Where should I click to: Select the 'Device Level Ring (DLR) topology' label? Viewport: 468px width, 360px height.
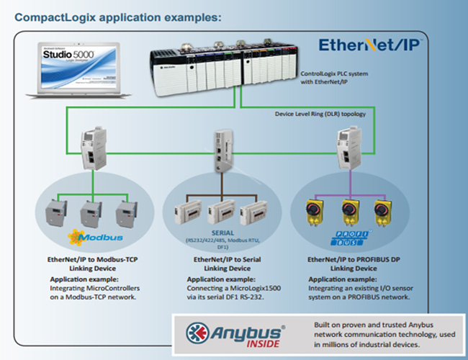[320, 114]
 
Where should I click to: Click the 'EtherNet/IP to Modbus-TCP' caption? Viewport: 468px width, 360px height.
[91, 259]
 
